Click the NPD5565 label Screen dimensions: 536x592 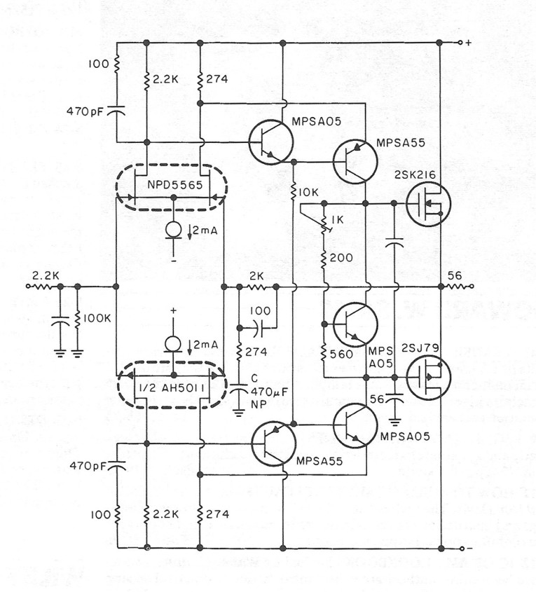tap(174, 185)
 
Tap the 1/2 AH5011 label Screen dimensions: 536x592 tap(172, 389)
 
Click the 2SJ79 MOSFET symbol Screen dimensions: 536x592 tap(428, 378)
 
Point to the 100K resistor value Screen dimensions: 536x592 tap(97, 318)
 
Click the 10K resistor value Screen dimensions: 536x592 tap(309, 192)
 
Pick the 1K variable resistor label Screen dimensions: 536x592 tap(337, 219)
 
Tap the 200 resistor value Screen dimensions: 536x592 tap(341, 258)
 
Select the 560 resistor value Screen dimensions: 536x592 tap(341, 354)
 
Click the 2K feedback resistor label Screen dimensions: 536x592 tap(256, 277)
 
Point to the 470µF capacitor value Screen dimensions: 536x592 tap(270, 392)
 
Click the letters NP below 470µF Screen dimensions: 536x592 tap(259, 404)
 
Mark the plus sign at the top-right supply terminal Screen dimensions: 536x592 tap(469, 43)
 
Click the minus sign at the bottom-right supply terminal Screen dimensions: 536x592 tap(469, 548)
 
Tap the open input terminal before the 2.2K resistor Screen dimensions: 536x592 tap(27, 287)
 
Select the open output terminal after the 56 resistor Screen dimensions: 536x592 tap(472, 287)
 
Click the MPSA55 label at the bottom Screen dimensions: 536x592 tap(319, 461)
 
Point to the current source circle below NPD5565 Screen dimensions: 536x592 tap(174, 229)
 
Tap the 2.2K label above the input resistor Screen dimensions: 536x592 tap(46, 275)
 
